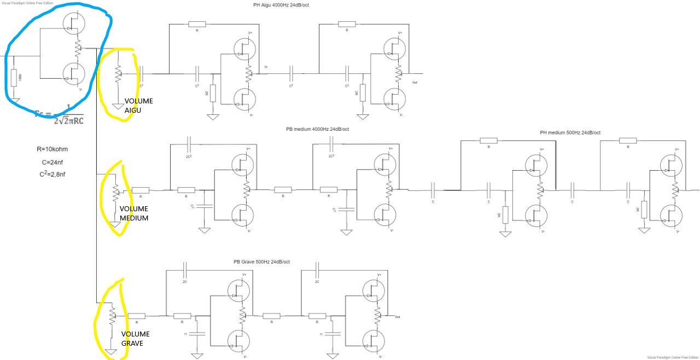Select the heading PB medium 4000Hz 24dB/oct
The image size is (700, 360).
coord(317,129)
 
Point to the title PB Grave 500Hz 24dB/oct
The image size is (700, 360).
coord(261,262)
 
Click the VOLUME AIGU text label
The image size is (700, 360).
coord(138,106)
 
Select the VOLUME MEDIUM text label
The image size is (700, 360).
coord(134,213)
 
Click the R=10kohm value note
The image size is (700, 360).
coord(50,148)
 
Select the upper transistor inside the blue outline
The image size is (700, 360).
coord(72,22)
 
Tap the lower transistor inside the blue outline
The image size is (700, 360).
coord(72,73)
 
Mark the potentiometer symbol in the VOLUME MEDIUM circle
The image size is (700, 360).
coord(115,191)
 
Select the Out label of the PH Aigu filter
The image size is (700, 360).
coord(415,82)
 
